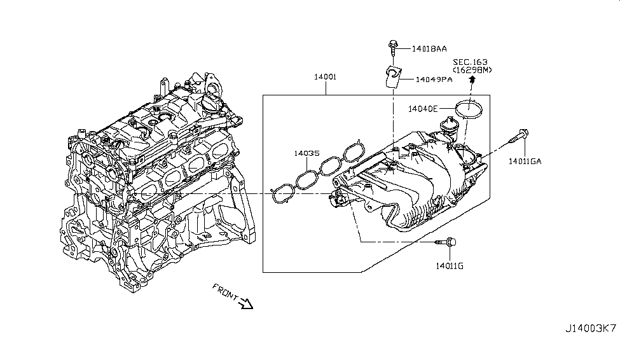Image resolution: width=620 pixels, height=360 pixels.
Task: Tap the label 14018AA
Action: coord(429,48)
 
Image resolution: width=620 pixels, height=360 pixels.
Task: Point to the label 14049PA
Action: coord(434,80)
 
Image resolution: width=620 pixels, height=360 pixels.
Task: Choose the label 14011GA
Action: coord(525,162)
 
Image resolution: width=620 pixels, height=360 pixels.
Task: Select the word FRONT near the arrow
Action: coord(225,291)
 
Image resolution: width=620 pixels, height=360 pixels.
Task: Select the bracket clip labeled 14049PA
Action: coord(393,76)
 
